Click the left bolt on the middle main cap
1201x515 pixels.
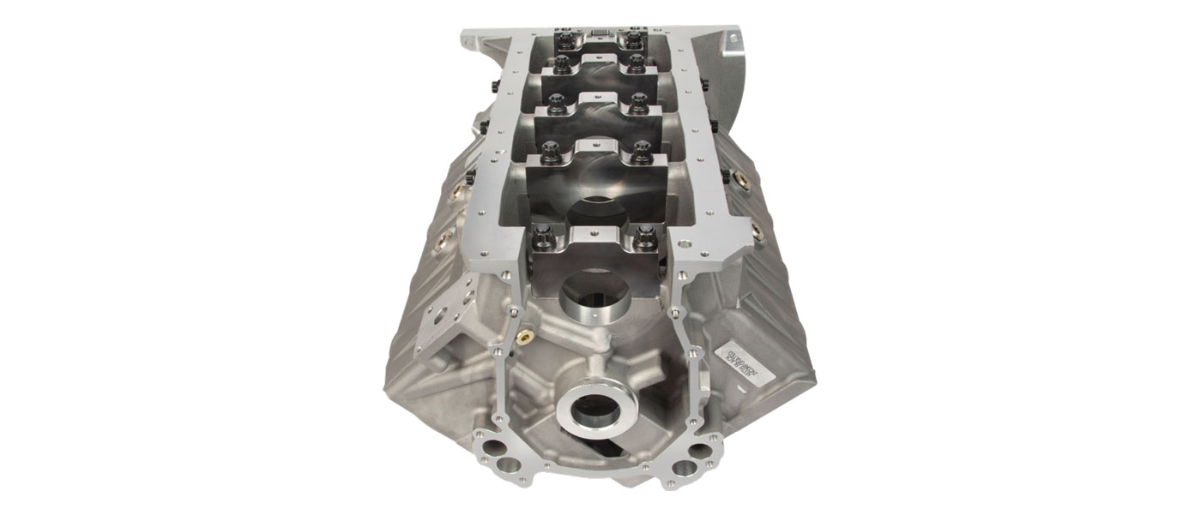[x=553, y=101]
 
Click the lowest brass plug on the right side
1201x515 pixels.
[x=756, y=231]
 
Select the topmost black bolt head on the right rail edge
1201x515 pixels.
[x=701, y=83]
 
